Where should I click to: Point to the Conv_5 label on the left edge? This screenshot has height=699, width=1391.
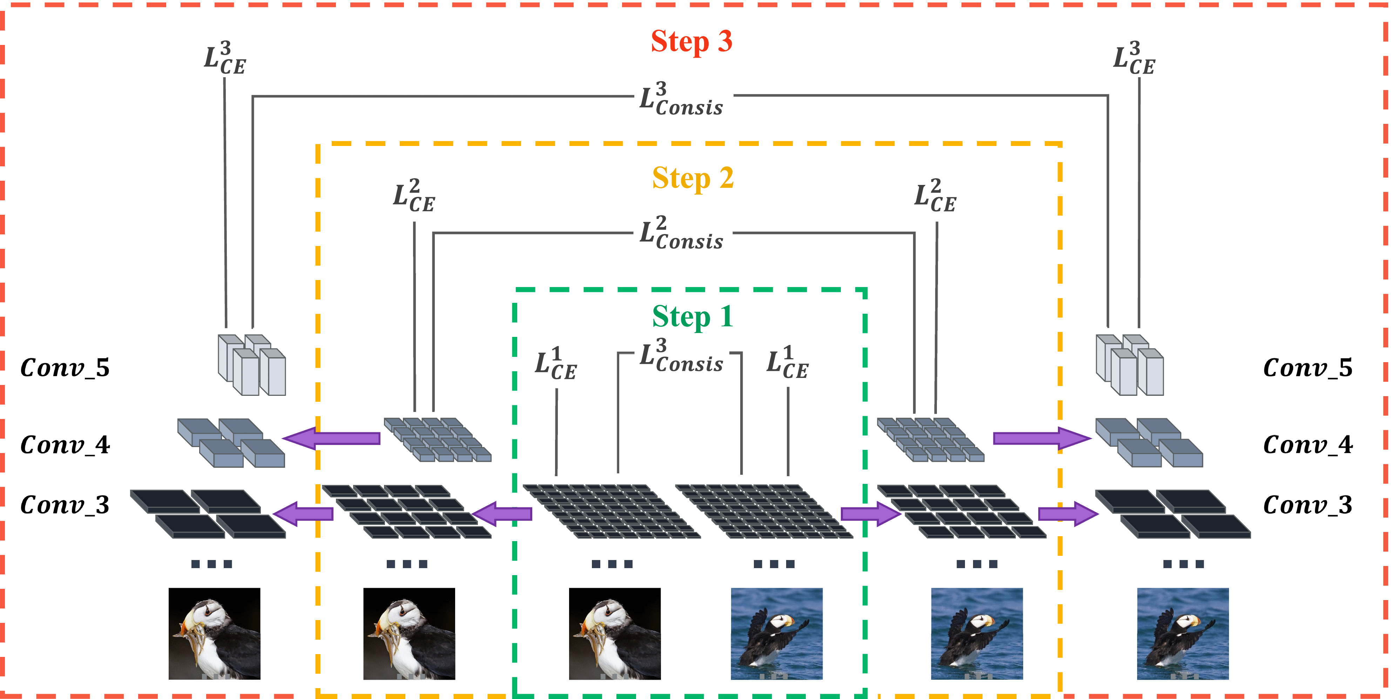(65, 368)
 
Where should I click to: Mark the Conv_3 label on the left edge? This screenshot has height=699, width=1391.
(65, 505)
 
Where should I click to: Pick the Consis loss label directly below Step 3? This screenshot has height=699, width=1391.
(681, 99)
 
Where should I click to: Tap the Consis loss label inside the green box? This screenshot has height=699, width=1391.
(681, 356)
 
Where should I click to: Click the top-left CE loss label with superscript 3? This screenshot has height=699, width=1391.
(225, 58)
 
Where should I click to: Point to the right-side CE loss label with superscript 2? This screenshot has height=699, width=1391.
(935, 196)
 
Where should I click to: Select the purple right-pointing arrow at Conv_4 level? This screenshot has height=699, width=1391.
(1042, 438)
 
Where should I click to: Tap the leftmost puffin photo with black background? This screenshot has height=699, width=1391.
(214, 634)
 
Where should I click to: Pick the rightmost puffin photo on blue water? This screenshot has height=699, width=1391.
(1183, 634)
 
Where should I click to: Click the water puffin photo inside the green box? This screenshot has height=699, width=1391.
(776, 634)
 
